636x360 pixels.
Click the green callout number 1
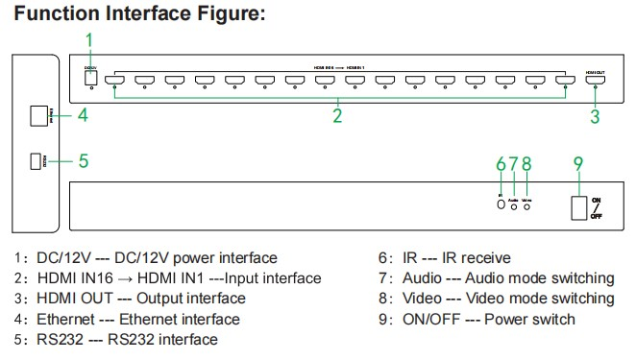click(89, 39)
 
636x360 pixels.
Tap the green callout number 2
click(337, 116)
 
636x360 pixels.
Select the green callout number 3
click(595, 116)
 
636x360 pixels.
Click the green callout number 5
click(84, 160)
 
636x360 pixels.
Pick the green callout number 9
click(577, 163)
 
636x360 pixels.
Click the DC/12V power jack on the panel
click(91, 77)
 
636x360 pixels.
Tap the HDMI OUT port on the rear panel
click(595, 82)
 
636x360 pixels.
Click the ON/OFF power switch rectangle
click(578, 208)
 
